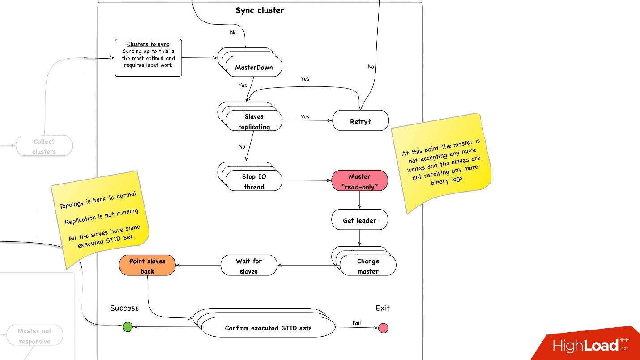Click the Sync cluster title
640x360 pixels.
coord(260,10)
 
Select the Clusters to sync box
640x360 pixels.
coord(148,58)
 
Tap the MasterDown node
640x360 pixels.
coord(254,66)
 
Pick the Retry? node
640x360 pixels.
coord(360,120)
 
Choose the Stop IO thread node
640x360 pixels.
coord(254,181)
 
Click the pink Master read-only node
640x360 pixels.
coord(359,181)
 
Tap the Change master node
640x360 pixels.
coord(368,266)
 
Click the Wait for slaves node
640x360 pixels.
coord(249,266)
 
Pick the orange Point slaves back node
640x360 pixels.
coord(147,266)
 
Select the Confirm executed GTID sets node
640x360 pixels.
coord(268,327)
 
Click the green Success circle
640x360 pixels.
coord(128,327)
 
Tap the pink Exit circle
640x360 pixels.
coord(383,328)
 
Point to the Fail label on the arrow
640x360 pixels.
coord(357,323)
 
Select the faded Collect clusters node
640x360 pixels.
coord(44,146)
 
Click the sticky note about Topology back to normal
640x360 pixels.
coord(100,219)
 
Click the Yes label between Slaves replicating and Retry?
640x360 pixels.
coord(305,116)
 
